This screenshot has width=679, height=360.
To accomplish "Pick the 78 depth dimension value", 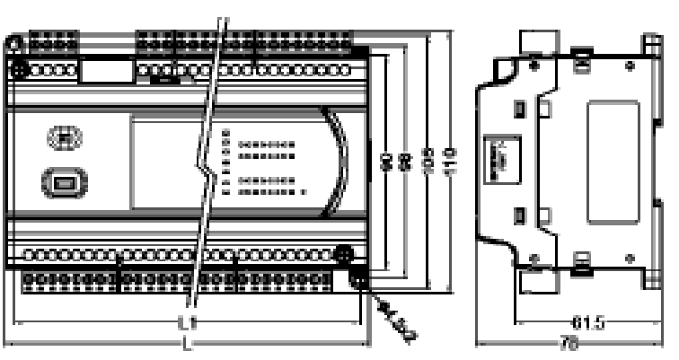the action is (x=567, y=345).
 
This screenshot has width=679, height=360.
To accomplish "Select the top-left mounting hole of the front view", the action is (x=16, y=68).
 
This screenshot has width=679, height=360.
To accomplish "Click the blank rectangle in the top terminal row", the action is (x=101, y=69).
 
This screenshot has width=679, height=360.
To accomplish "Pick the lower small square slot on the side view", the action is (x=518, y=215).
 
